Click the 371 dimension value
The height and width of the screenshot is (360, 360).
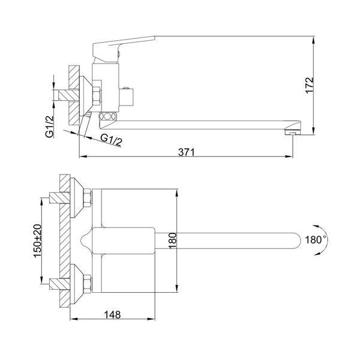click(x=186, y=152)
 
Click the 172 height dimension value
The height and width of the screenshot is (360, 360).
click(x=310, y=85)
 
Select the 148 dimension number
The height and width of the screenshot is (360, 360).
click(x=112, y=315)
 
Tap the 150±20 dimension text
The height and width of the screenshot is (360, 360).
click(x=38, y=241)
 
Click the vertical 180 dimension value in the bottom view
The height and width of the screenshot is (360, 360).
click(x=173, y=241)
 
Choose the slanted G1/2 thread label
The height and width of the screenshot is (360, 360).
click(x=112, y=140)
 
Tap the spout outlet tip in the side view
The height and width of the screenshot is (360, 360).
click(x=293, y=132)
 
